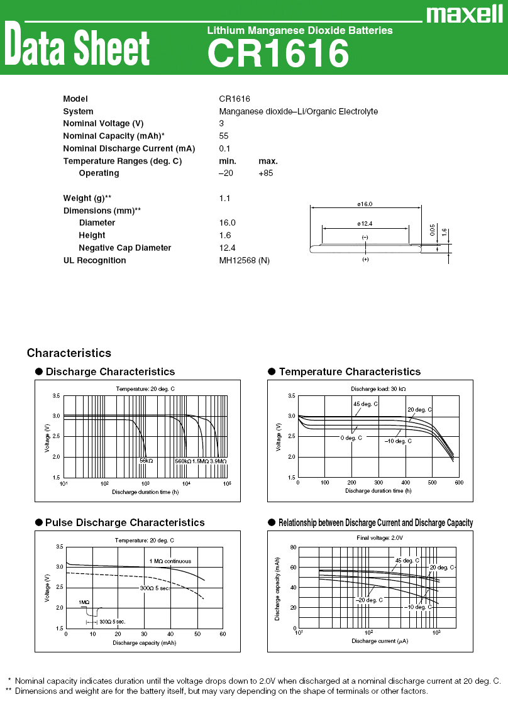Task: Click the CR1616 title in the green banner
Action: (x=277, y=53)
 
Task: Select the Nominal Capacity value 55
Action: (x=224, y=136)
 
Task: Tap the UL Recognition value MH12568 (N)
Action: (x=244, y=260)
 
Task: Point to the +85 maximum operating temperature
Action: (x=266, y=173)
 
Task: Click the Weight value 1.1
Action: (x=224, y=198)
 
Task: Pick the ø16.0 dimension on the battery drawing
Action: (x=365, y=204)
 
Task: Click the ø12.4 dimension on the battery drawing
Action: (x=365, y=224)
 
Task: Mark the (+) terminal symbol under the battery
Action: (x=365, y=259)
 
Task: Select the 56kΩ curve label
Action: (x=146, y=461)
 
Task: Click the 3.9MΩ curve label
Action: (x=218, y=461)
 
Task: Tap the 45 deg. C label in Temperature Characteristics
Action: (x=365, y=404)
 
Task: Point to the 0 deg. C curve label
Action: (x=351, y=437)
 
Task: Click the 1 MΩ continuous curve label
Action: (x=170, y=561)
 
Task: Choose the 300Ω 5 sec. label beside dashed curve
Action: (x=155, y=588)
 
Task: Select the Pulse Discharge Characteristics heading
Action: (x=124, y=522)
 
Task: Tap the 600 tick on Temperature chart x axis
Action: (x=458, y=483)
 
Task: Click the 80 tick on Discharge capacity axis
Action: (x=293, y=547)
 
